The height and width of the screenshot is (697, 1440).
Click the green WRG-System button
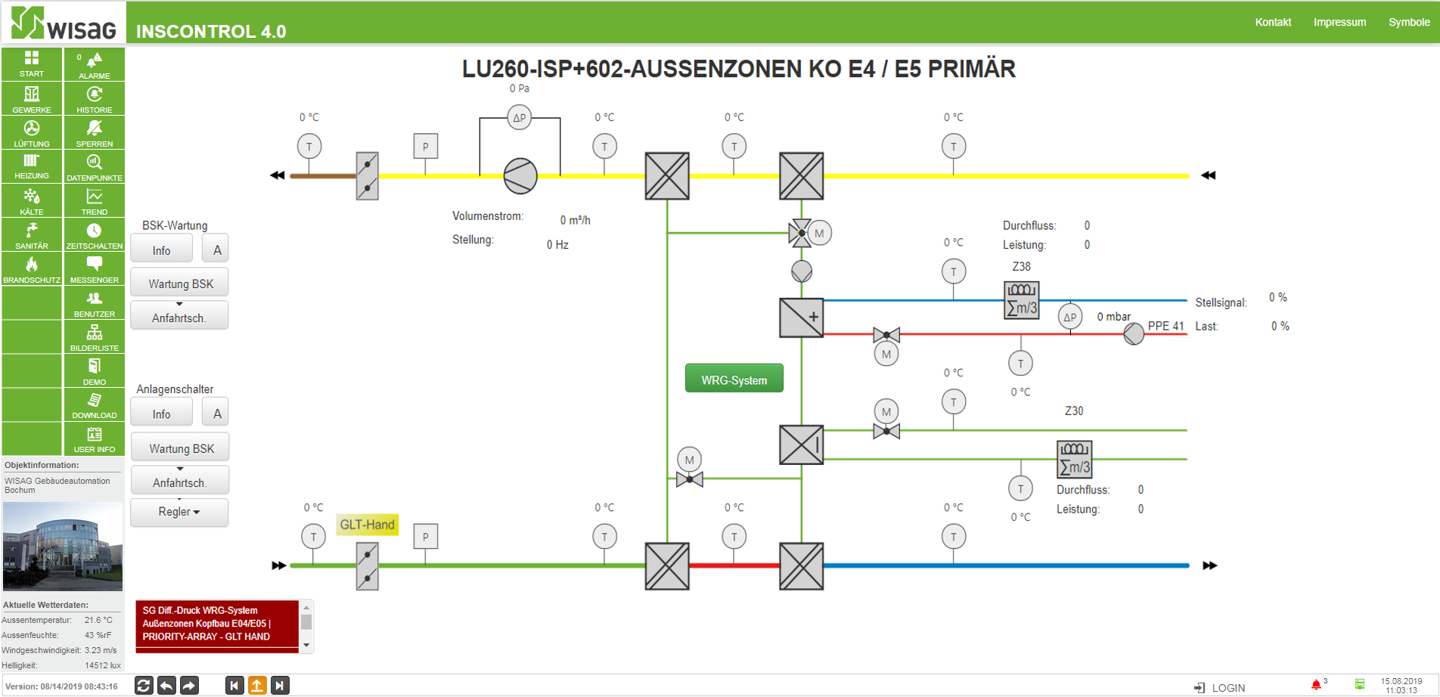[734, 379]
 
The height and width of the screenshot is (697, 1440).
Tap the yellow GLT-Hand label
[368, 525]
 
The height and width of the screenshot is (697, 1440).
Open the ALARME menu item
[94, 65]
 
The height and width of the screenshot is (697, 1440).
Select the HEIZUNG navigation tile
[32, 166]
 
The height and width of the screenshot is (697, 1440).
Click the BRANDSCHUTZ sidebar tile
[32, 268]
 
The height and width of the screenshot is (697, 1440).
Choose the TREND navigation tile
[94, 200]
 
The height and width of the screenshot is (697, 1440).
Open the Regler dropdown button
[179, 512]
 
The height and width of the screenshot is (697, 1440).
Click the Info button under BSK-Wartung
[162, 249]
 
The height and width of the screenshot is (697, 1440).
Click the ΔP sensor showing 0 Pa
[520, 117]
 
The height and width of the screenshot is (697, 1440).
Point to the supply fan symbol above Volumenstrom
[520, 176]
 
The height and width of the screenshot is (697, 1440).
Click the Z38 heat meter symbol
[1022, 300]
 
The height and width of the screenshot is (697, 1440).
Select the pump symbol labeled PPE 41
[1134, 334]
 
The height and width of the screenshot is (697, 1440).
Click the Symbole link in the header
[1409, 22]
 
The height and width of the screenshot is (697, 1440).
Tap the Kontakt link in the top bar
[1273, 22]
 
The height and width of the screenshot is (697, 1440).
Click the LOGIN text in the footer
[1228, 688]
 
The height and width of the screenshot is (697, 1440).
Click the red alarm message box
[217, 624]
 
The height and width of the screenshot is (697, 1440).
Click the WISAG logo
[64, 23]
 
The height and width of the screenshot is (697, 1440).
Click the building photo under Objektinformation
[63, 546]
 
